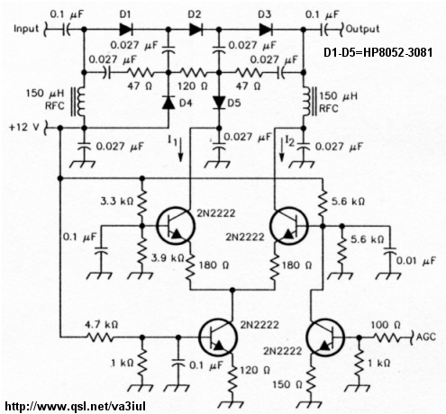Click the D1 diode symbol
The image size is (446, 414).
click(x=126, y=30)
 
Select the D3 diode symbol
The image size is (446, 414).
click(x=266, y=30)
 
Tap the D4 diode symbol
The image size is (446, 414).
click(x=168, y=103)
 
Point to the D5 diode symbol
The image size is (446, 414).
click(x=219, y=103)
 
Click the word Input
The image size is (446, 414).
click(x=26, y=29)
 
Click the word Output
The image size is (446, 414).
click(x=363, y=29)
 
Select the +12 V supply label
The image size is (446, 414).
click(x=24, y=127)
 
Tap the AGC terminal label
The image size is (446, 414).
click(x=426, y=337)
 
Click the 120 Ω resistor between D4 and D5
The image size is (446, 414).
click(x=193, y=73)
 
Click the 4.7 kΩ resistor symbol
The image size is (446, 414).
click(x=101, y=337)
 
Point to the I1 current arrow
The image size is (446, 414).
click(x=180, y=150)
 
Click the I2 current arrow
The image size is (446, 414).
click(x=282, y=150)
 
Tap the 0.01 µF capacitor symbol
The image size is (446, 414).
click(x=390, y=250)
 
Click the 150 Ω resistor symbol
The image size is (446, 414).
click(x=311, y=380)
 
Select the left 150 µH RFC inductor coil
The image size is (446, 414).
click(x=78, y=102)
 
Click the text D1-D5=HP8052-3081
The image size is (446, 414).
click(x=378, y=53)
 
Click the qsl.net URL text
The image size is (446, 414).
click(x=76, y=406)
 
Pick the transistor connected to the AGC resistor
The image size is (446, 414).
click(x=325, y=337)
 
